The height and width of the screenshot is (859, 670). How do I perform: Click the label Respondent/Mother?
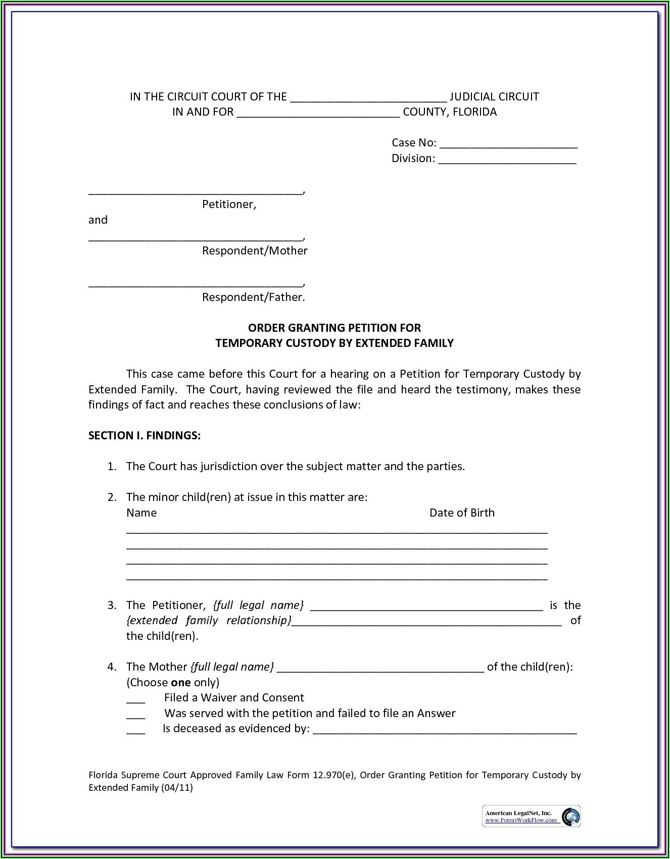point(255,251)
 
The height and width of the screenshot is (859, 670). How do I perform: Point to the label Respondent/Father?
point(254,297)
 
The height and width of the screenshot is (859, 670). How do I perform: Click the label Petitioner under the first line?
point(229,205)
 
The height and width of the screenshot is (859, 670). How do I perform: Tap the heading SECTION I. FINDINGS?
point(145,436)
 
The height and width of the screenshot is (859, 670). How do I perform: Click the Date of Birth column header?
point(462,513)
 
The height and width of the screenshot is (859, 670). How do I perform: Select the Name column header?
point(141,513)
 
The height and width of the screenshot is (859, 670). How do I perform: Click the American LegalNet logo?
point(532,816)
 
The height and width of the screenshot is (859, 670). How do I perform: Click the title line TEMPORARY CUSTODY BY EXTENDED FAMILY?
point(334,343)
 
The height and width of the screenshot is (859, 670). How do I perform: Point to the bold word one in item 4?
point(180,683)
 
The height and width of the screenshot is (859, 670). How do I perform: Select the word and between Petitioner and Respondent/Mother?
point(98,220)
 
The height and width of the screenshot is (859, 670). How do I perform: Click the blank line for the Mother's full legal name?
point(380,669)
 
